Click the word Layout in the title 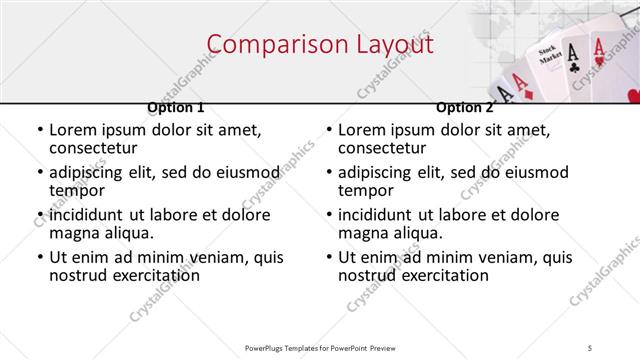(391, 45)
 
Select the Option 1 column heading (176, 107)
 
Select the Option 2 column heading (464, 107)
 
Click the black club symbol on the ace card (572, 67)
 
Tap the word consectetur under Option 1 (97, 148)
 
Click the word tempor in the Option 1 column (78, 190)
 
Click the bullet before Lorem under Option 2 (328, 131)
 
